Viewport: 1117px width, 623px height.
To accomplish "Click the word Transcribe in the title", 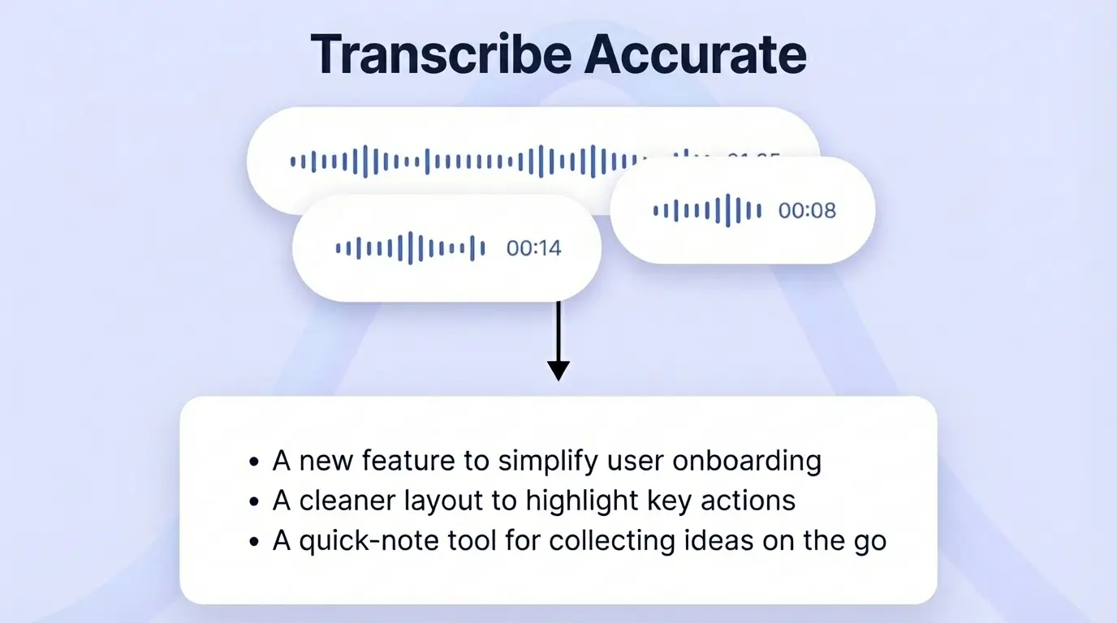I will coord(439,54).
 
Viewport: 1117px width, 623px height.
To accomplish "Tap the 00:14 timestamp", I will coord(533,248).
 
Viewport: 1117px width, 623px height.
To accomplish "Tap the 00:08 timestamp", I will coord(807,211).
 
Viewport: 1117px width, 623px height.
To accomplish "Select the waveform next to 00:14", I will coord(411,248).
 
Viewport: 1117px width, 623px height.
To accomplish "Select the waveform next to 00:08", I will coord(707,211).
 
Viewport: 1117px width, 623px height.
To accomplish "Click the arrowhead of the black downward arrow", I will coord(558,370).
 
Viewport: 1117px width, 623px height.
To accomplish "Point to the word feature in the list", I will coord(411,461).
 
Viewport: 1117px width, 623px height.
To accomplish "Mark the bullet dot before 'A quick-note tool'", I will coord(255,541).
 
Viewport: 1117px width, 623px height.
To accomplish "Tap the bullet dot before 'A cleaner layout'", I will coord(255,501).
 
